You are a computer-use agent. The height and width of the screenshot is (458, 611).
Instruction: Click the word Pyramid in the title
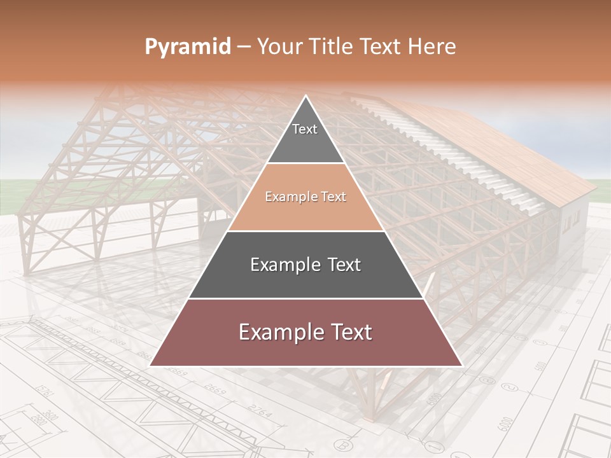point(187,47)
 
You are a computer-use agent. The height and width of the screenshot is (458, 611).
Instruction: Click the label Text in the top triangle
point(305,129)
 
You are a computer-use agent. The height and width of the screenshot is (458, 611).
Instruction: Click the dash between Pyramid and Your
point(244,47)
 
